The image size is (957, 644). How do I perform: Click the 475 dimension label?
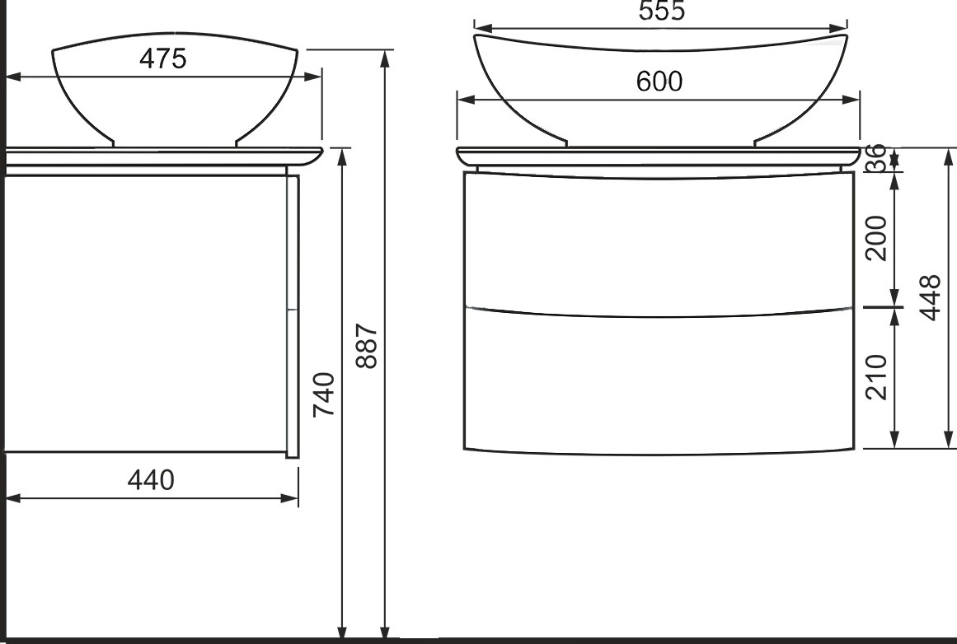point(162,58)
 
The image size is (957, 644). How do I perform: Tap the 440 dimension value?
point(151,480)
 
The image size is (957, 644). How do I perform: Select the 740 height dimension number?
point(323,394)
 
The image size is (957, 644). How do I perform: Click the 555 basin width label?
point(662,11)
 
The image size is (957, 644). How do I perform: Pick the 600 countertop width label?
point(659,81)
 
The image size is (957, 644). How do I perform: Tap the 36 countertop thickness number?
point(875,157)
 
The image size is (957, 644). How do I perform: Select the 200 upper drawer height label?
point(876,238)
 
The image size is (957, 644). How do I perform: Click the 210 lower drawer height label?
point(876,377)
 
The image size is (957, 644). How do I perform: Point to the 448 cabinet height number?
point(930,297)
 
